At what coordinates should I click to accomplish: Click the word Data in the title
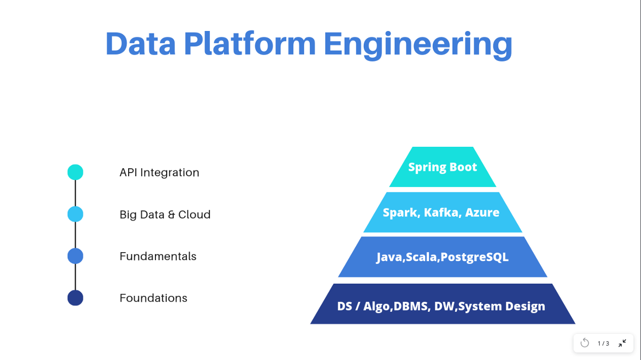tap(140, 44)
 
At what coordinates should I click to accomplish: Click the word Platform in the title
tap(250, 44)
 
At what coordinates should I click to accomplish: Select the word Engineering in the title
tap(418, 44)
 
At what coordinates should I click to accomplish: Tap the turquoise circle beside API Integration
tap(75, 172)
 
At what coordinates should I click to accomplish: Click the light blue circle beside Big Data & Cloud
tap(75, 214)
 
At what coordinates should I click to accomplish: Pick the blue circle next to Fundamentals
tap(75, 256)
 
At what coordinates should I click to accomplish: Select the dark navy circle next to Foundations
tap(75, 298)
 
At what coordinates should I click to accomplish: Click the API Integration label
tap(159, 173)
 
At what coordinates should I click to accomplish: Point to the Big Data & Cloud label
tap(165, 214)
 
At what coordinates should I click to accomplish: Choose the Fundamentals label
tap(158, 256)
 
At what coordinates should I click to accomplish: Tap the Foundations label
tap(153, 298)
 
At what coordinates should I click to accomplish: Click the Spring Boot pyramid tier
tap(442, 167)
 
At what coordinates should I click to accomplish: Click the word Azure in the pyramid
tap(482, 213)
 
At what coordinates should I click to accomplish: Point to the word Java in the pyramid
tap(389, 257)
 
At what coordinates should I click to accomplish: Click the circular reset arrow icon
tap(585, 343)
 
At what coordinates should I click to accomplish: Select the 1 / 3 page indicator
tap(603, 343)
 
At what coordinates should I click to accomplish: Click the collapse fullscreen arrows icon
tap(622, 343)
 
